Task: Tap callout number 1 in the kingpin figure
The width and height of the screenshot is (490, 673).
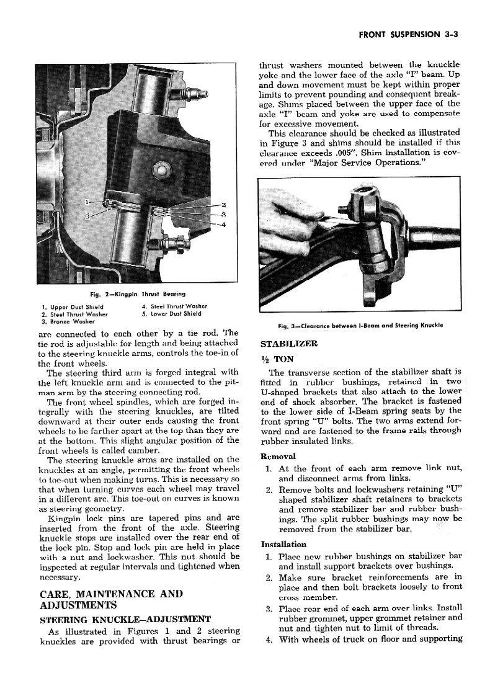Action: coord(87,202)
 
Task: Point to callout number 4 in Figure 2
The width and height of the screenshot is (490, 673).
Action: coord(224,225)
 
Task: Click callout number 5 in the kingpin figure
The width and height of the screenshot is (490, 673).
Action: coord(87,215)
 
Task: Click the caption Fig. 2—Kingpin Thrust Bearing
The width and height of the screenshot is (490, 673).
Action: coord(137,293)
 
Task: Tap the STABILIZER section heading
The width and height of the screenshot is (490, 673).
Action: coord(288,343)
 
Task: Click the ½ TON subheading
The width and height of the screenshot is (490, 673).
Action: coord(276,358)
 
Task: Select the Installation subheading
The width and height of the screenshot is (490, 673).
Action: coord(283,544)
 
